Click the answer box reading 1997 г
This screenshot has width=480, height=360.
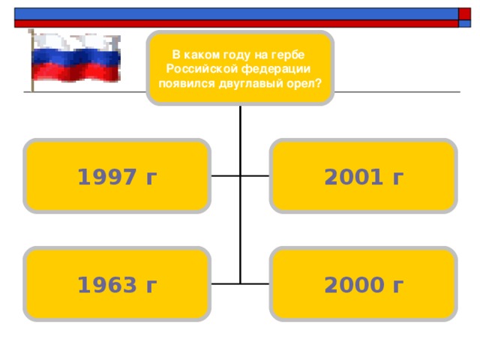(x=117, y=176)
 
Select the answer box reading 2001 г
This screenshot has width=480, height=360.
(x=363, y=176)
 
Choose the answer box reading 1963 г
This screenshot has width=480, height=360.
(x=117, y=284)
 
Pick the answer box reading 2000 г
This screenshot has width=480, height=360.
(x=363, y=284)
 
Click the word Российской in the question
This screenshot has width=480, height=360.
(x=202, y=69)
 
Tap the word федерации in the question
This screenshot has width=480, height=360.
(x=275, y=69)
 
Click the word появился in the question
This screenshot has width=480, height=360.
(x=187, y=83)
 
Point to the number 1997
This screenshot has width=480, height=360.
(x=106, y=177)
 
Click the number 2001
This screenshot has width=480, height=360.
(x=353, y=177)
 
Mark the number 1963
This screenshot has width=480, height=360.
(x=106, y=285)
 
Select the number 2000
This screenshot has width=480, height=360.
(x=353, y=285)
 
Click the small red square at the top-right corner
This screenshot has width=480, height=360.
(x=464, y=14)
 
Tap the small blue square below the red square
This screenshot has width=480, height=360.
(x=464, y=23)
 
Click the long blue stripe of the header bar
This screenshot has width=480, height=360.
(x=236, y=14)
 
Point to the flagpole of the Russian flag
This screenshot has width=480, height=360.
(x=32, y=61)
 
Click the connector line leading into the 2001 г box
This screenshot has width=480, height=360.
(x=255, y=176)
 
